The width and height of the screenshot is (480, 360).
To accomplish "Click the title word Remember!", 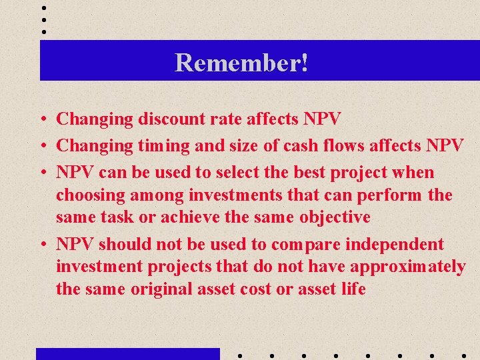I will tap(241, 63).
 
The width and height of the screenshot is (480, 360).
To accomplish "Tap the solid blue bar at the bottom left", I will tap(127, 353).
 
